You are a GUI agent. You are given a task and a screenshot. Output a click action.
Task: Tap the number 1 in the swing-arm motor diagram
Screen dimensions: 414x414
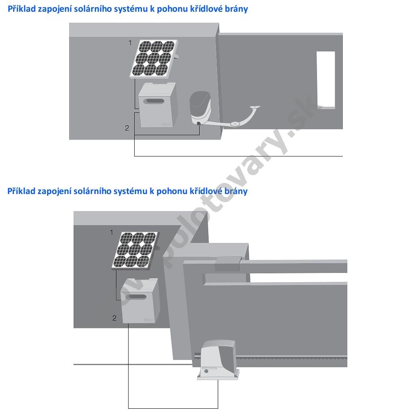pyautogui.click(x=130, y=42)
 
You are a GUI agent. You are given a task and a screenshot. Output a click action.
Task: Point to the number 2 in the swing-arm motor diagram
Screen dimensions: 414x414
pyautogui.click(x=127, y=128)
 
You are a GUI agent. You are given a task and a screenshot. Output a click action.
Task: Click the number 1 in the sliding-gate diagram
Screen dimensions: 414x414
pyautogui.click(x=112, y=232)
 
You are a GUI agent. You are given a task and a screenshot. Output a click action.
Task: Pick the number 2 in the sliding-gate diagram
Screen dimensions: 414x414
pyautogui.click(x=114, y=318)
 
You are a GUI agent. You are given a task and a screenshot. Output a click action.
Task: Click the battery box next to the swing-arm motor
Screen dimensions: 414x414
pyautogui.click(x=157, y=106)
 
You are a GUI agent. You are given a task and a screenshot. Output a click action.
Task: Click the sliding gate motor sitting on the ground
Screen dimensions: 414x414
pyautogui.click(x=218, y=360)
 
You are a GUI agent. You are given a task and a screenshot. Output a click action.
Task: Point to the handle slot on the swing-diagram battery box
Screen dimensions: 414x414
pyautogui.click(x=155, y=101)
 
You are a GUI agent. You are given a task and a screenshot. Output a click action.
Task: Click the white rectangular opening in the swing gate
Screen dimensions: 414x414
pyautogui.click(x=325, y=79)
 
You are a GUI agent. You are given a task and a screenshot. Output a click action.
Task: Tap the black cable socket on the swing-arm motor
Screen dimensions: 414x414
pyautogui.click(x=199, y=124)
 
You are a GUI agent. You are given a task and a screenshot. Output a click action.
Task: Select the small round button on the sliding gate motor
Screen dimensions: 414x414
pyautogui.click(x=207, y=371)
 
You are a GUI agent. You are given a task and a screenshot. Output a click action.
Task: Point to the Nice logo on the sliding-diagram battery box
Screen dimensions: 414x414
pyautogui.click(x=148, y=320)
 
